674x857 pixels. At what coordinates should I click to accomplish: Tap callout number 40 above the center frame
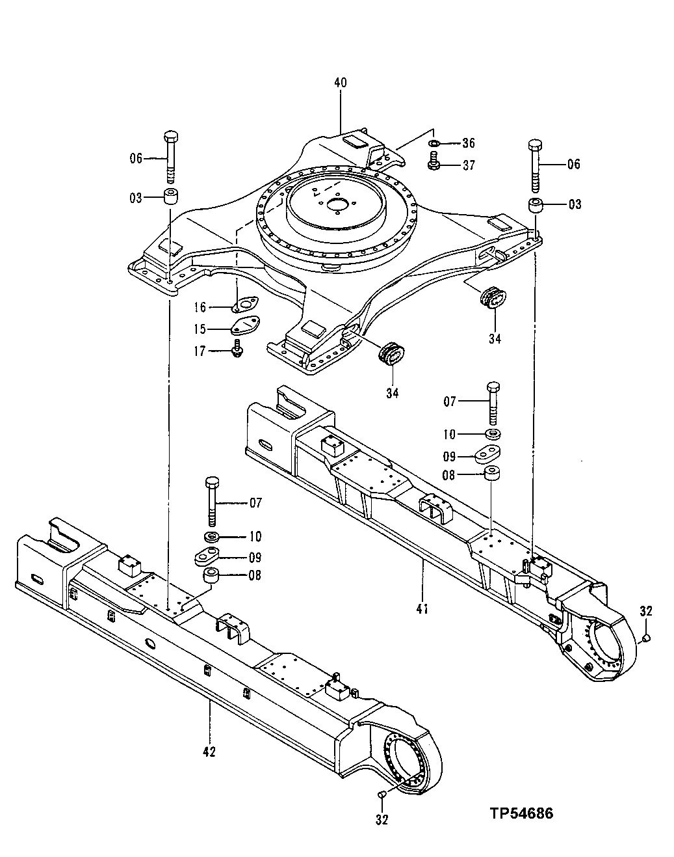(x=340, y=83)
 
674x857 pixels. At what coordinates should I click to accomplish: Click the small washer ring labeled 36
(x=434, y=143)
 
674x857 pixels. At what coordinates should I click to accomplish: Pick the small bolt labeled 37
(x=434, y=163)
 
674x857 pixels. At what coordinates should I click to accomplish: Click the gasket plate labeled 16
(x=244, y=305)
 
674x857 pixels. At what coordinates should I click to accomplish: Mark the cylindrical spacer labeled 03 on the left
(x=171, y=196)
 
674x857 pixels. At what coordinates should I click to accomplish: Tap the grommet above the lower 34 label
(x=392, y=354)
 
